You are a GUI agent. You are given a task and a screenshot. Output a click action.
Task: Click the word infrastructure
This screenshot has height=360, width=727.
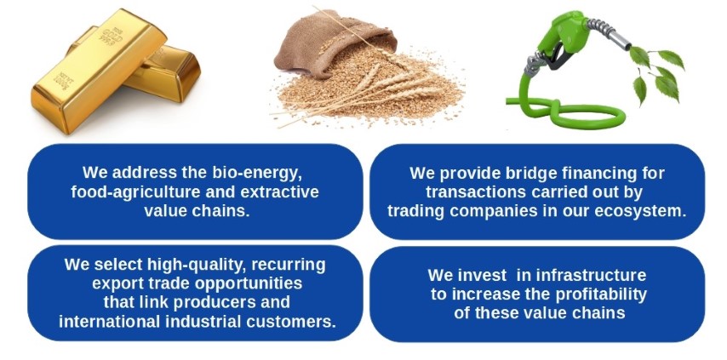tap(591, 275)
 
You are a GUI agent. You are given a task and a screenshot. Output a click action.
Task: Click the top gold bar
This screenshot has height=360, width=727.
tap(99, 71)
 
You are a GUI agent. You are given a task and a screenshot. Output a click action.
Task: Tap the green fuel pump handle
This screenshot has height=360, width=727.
tap(564, 35)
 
